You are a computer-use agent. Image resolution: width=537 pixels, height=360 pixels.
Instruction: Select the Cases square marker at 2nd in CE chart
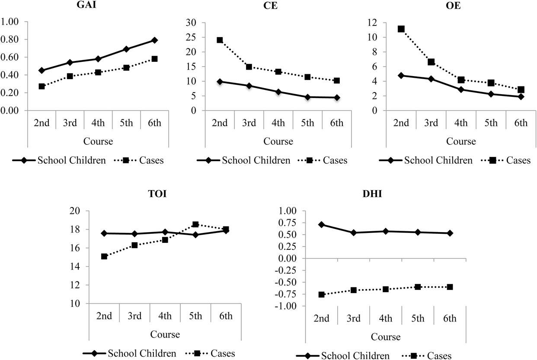220,40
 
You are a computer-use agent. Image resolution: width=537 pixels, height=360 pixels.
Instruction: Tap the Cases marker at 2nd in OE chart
401,29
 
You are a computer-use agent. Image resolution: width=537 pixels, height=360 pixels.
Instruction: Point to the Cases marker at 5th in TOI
195,224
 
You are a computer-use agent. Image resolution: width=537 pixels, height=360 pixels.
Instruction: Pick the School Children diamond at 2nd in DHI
322,225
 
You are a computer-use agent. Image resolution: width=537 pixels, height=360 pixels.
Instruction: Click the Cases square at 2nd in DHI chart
322,294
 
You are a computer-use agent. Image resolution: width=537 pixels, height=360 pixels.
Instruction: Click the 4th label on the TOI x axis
165,316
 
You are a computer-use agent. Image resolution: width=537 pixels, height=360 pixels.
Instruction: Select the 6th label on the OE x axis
521,123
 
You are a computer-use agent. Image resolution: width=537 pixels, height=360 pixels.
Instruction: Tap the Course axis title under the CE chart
278,141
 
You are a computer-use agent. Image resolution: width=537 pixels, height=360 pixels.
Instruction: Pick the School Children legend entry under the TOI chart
142,354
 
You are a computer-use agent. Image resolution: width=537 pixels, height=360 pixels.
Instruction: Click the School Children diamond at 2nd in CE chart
220,81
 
